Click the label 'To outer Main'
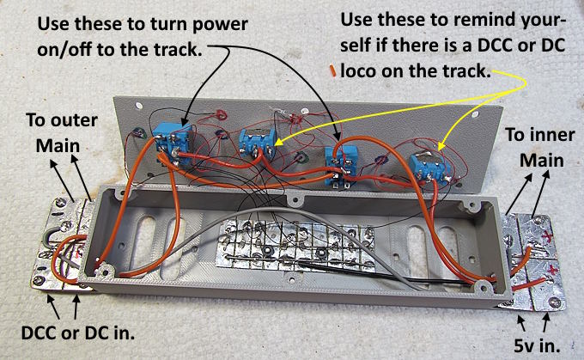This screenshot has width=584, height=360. click(62, 132)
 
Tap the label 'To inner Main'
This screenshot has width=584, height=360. click(540, 147)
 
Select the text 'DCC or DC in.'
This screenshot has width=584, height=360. click(78, 333)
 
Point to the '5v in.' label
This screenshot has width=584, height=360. click(537, 345)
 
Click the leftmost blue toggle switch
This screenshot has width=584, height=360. click(172, 144)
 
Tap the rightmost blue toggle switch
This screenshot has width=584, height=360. click(427, 168)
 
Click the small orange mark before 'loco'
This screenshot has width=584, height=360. click(332, 71)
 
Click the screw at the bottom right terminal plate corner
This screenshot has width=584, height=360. click(555, 302)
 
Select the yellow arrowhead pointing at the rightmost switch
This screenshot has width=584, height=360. click(440, 146)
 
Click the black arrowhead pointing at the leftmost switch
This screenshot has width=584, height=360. click(185, 120)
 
